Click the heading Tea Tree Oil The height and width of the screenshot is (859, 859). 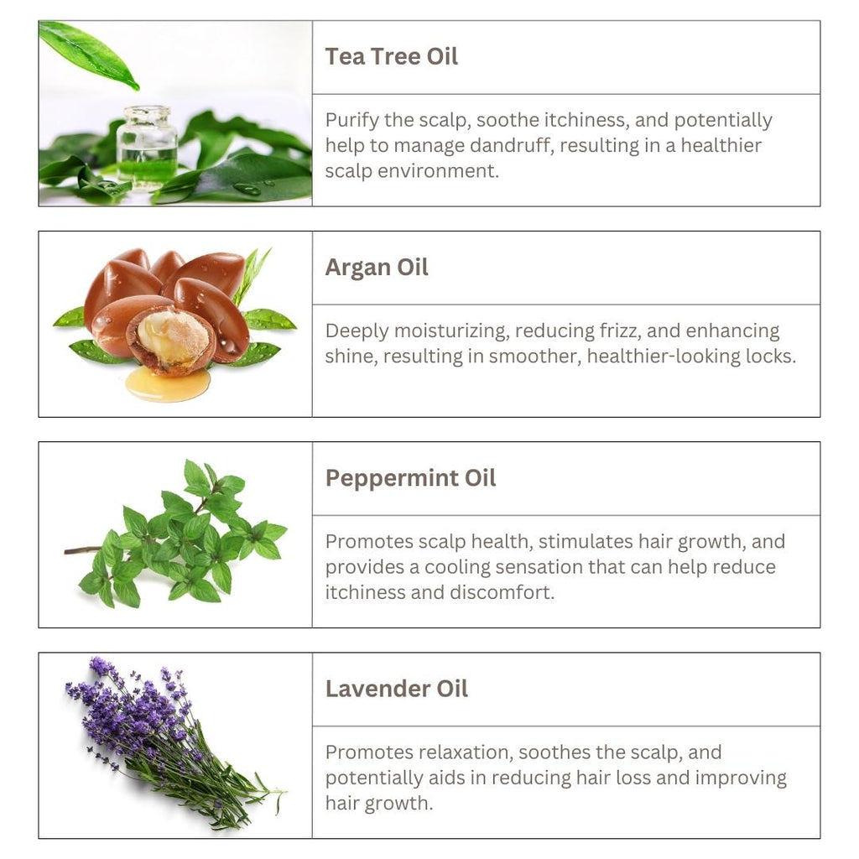[x=392, y=57]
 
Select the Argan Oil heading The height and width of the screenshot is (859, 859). [x=377, y=268]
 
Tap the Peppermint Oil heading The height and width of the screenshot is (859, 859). [x=410, y=478]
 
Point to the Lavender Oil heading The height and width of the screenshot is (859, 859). [x=396, y=689]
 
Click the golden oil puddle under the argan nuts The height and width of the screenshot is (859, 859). [x=168, y=384]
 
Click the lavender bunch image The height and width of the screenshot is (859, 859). [x=168, y=738]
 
